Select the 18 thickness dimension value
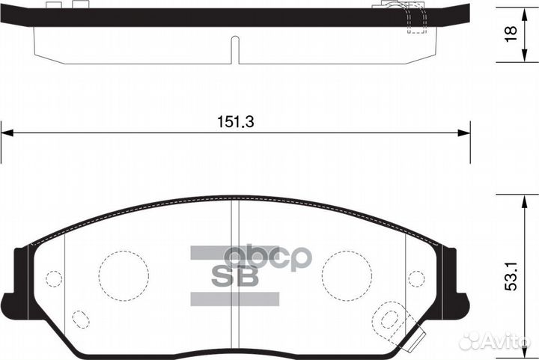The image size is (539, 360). [511, 34]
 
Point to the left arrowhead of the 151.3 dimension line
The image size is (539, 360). [6, 133]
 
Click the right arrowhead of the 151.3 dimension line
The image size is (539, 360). [465, 133]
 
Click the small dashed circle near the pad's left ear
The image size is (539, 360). [53, 278]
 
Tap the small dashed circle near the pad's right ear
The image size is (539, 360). [417, 278]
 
